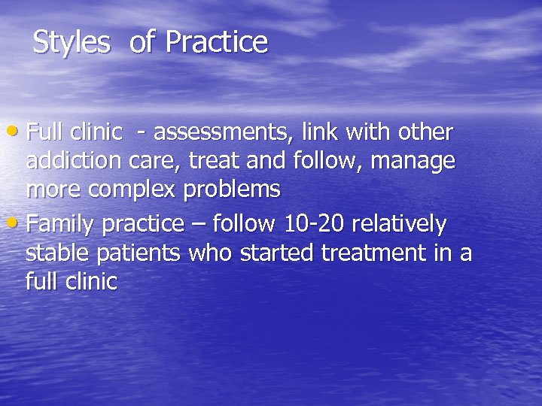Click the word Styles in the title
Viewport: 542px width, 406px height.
coord(72,43)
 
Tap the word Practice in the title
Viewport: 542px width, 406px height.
coord(216,43)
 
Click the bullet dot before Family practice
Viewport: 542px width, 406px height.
coord(18,223)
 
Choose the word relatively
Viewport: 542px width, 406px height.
coord(399,224)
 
